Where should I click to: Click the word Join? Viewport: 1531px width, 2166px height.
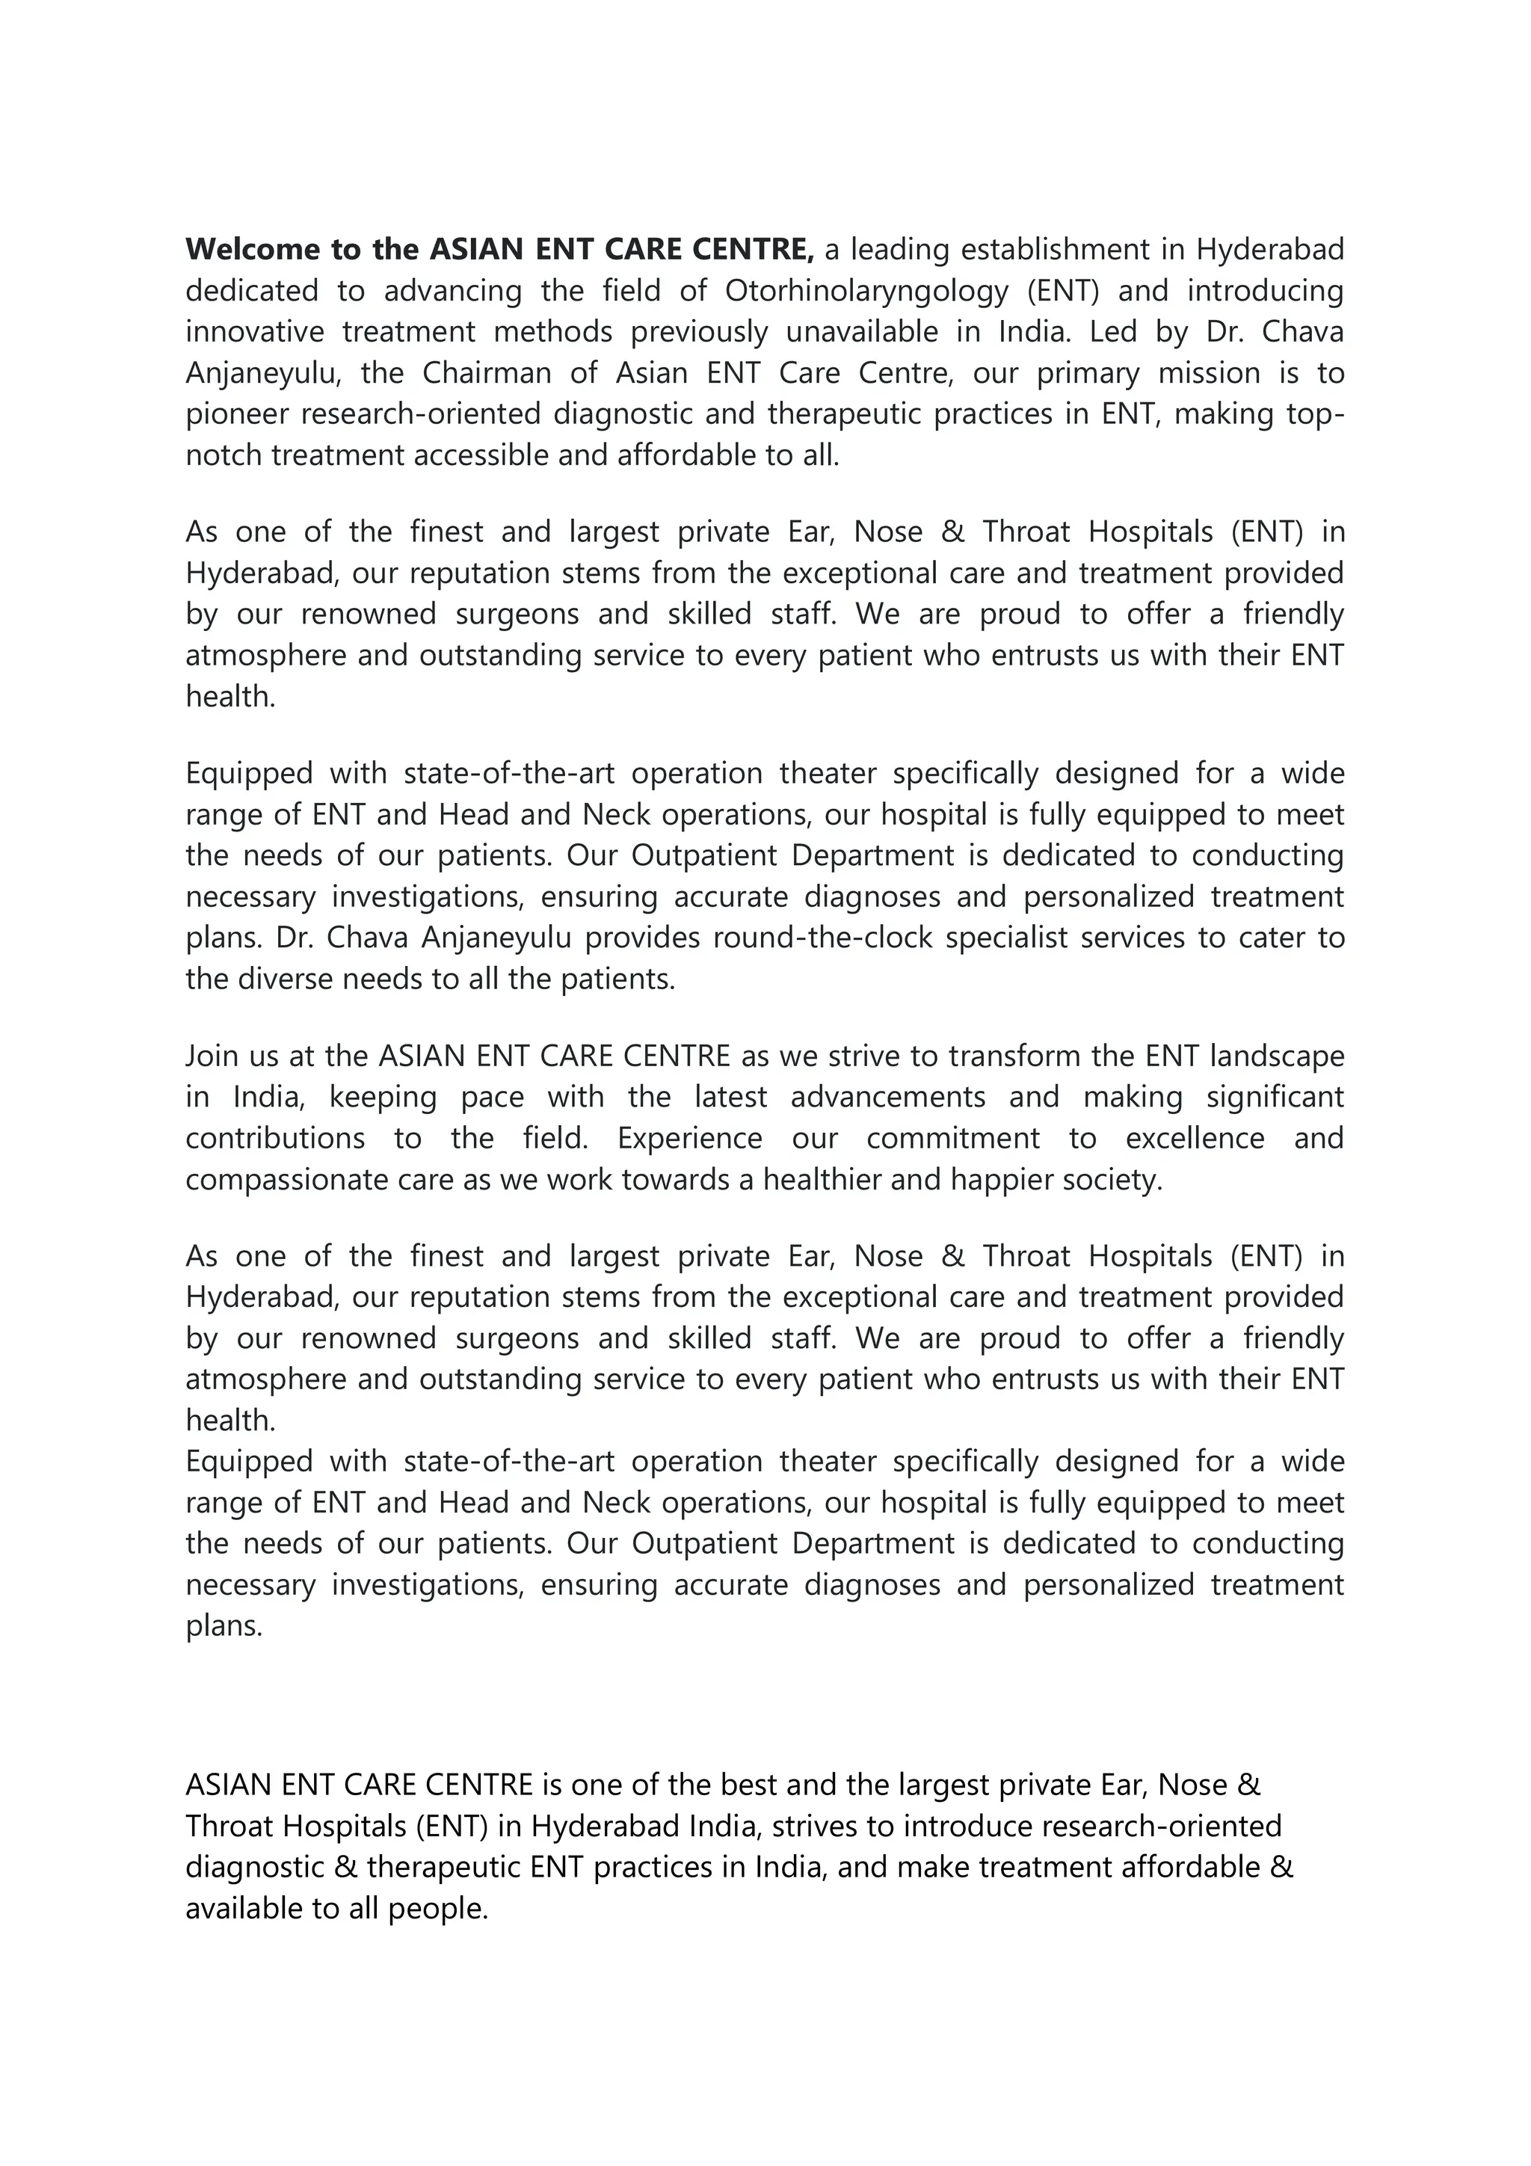tap(212, 1056)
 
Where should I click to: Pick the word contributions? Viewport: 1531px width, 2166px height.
tap(274, 1139)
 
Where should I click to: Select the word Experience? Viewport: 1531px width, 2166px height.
tap(689, 1139)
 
